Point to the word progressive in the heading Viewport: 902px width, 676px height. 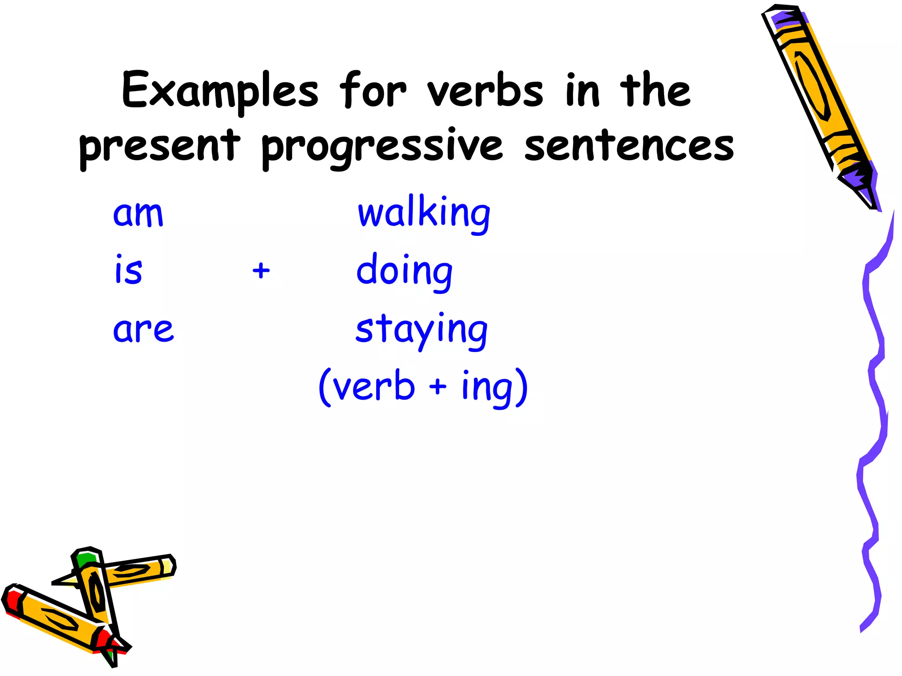pyautogui.click(x=381, y=147)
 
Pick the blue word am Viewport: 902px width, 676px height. pyautogui.click(x=138, y=214)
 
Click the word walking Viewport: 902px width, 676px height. pyautogui.click(x=424, y=213)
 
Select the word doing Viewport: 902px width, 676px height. pyautogui.click(x=404, y=272)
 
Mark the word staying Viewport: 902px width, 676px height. pyautogui.click(x=421, y=330)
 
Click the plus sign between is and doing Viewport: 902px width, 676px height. pyautogui.click(x=261, y=270)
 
